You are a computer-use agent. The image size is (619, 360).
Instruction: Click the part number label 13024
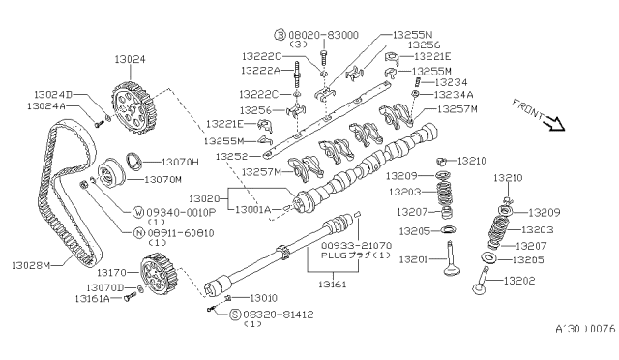coord(132,59)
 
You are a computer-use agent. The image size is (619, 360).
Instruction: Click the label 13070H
coord(179,162)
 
